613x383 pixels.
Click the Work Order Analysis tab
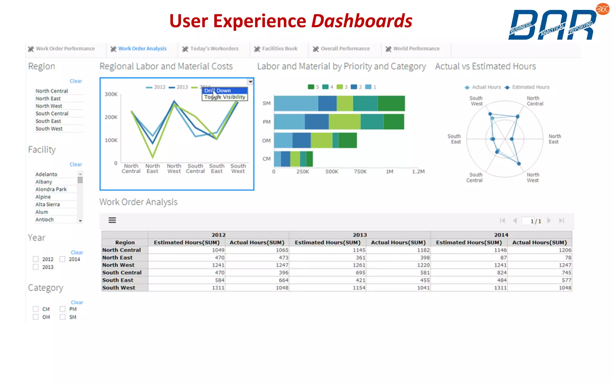142,49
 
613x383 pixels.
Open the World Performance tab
416,49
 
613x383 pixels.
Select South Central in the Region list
52,114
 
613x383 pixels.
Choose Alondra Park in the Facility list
51,189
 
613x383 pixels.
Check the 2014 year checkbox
63,259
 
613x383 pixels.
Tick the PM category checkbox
63,309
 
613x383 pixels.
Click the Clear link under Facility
76,165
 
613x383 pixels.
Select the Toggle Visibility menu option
224,97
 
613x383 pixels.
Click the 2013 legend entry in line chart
179,87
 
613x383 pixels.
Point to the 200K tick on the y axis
111,117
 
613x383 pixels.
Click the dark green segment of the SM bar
391,104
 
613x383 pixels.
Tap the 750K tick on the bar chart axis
360,172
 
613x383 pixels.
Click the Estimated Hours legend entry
527,87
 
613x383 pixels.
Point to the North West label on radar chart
533,177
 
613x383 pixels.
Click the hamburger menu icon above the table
112,220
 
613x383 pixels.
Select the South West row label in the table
119,288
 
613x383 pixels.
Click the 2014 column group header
501,235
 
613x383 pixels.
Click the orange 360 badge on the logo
603,9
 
